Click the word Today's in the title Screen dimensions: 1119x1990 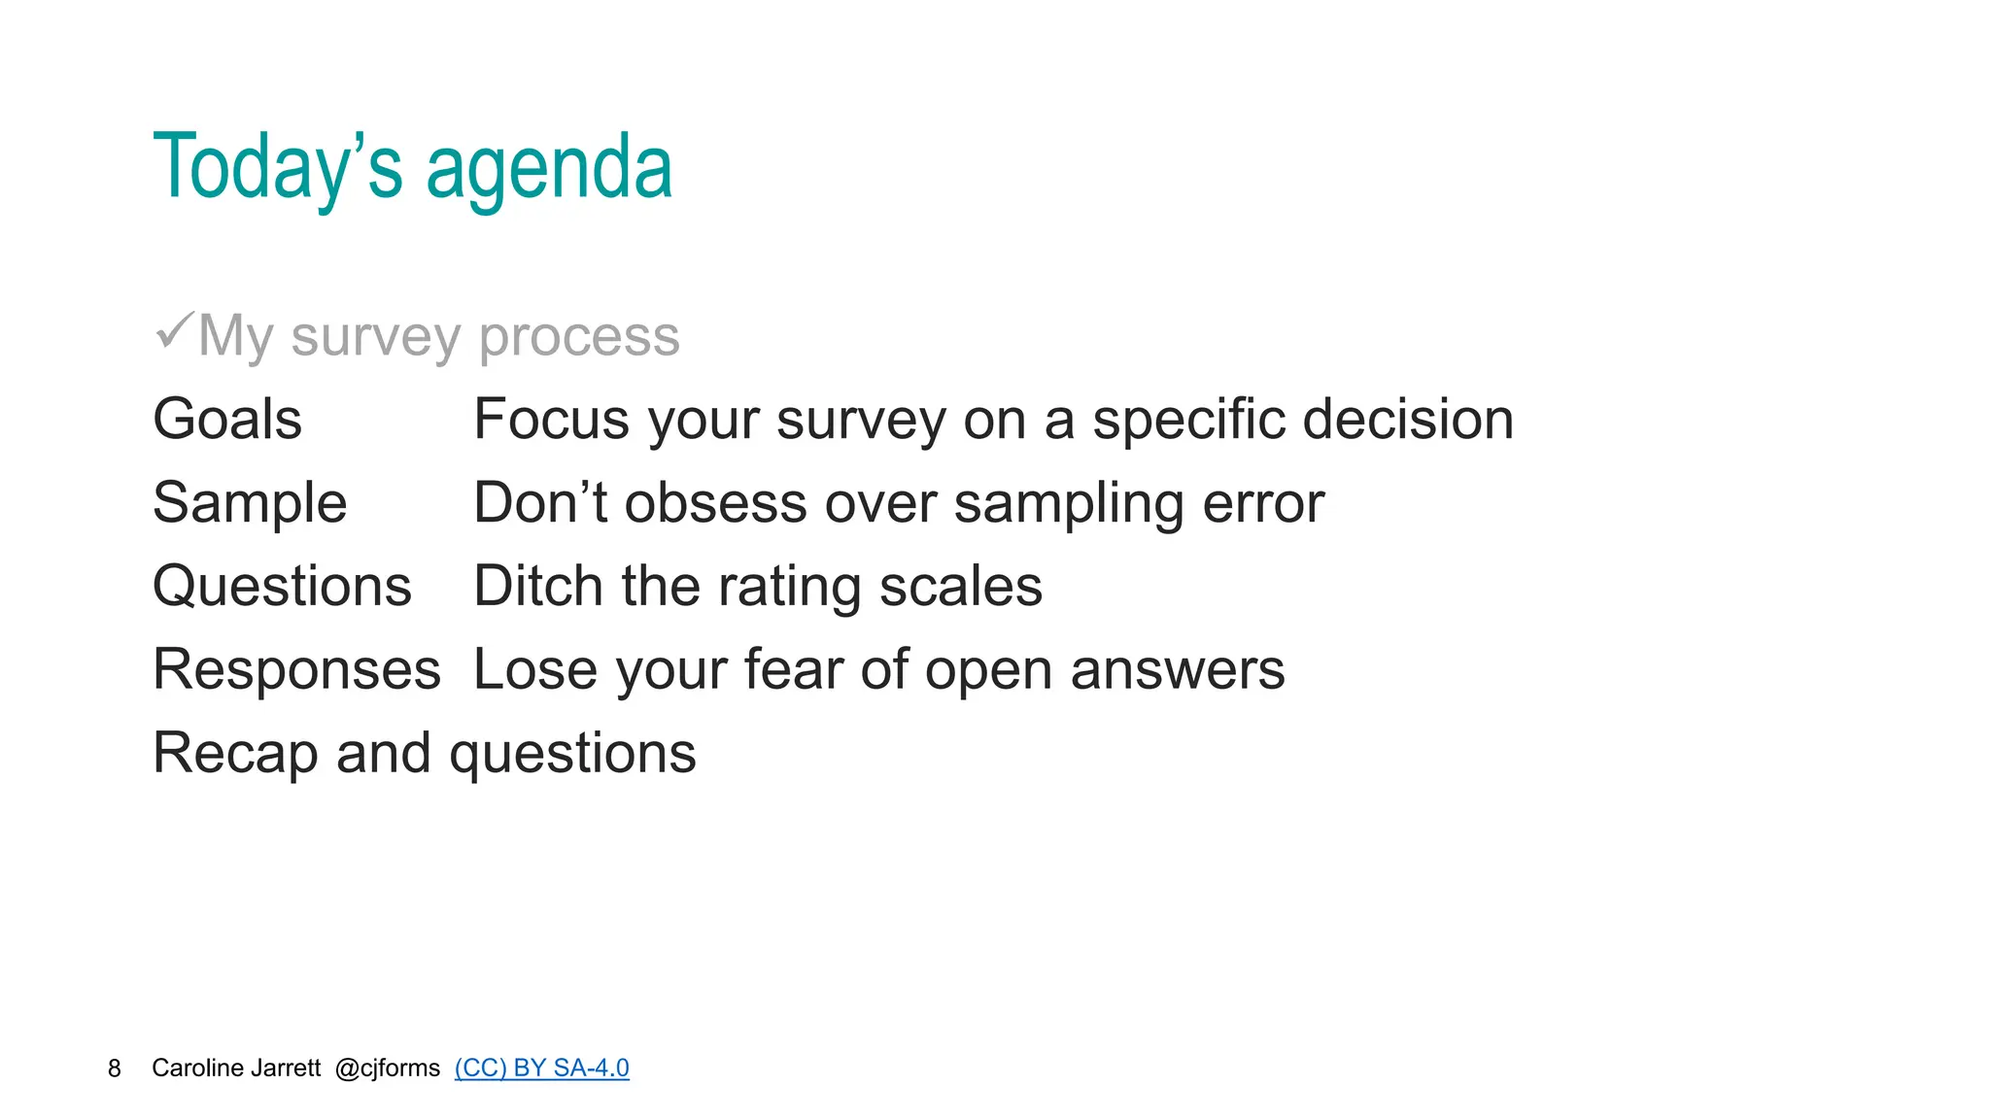(x=277, y=167)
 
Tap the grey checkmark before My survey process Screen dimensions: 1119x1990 (x=175, y=331)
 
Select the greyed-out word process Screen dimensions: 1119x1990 (x=579, y=337)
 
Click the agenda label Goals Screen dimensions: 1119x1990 (x=227, y=420)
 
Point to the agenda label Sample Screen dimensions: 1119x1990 (x=250, y=503)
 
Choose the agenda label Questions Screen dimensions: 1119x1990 (x=282, y=587)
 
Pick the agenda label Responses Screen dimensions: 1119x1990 (x=296, y=670)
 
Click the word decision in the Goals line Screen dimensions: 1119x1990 (x=1407, y=420)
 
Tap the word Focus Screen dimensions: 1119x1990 (x=552, y=420)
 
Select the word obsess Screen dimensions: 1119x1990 (x=715, y=503)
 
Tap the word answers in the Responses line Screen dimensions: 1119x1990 (x=1177, y=670)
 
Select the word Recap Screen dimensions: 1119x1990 (x=235, y=754)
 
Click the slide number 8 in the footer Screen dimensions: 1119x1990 (x=115, y=1068)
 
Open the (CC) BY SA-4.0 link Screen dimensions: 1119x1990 (x=541, y=1068)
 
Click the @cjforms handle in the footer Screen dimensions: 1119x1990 (x=387, y=1068)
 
